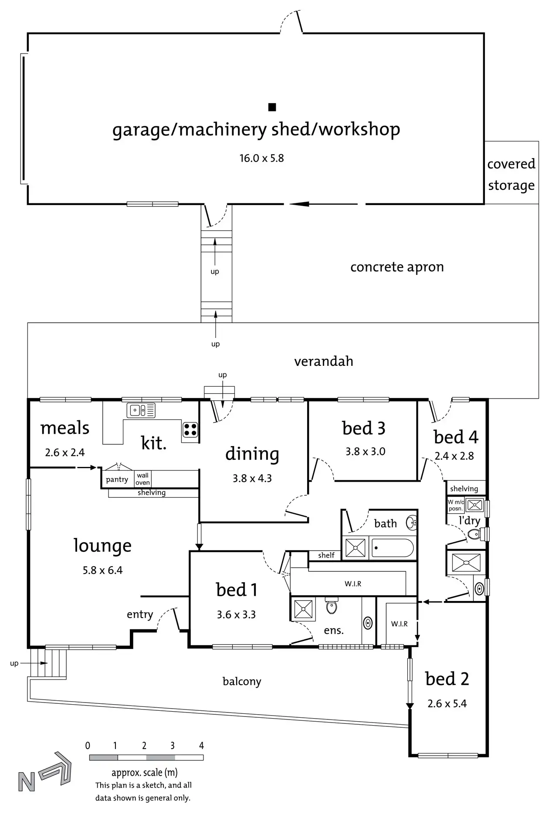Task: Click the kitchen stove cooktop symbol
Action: click(x=190, y=429)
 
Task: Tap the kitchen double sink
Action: click(x=141, y=410)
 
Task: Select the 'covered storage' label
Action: click(x=511, y=174)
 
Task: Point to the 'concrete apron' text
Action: click(x=397, y=267)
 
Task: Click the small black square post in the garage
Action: click(x=272, y=107)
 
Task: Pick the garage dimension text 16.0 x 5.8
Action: click(x=261, y=158)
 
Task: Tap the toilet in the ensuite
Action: click(x=332, y=606)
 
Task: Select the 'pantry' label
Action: click(x=117, y=480)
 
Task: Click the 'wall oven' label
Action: click(x=142, y=479)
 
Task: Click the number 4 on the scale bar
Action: click(x=201, y=746)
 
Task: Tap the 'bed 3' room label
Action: click(x=364, y=429)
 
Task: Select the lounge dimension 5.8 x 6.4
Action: click(x=103, y=570)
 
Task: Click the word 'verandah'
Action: click(x=323, y=361)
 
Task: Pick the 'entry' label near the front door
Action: click(x=140, y=615)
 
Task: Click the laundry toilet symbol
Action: click(x=474, y=534)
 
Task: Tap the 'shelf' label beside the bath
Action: click(x=326, y=555)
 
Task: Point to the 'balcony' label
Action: click(x=242, y=681)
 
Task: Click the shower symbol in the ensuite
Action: click(x=303, y=609)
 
